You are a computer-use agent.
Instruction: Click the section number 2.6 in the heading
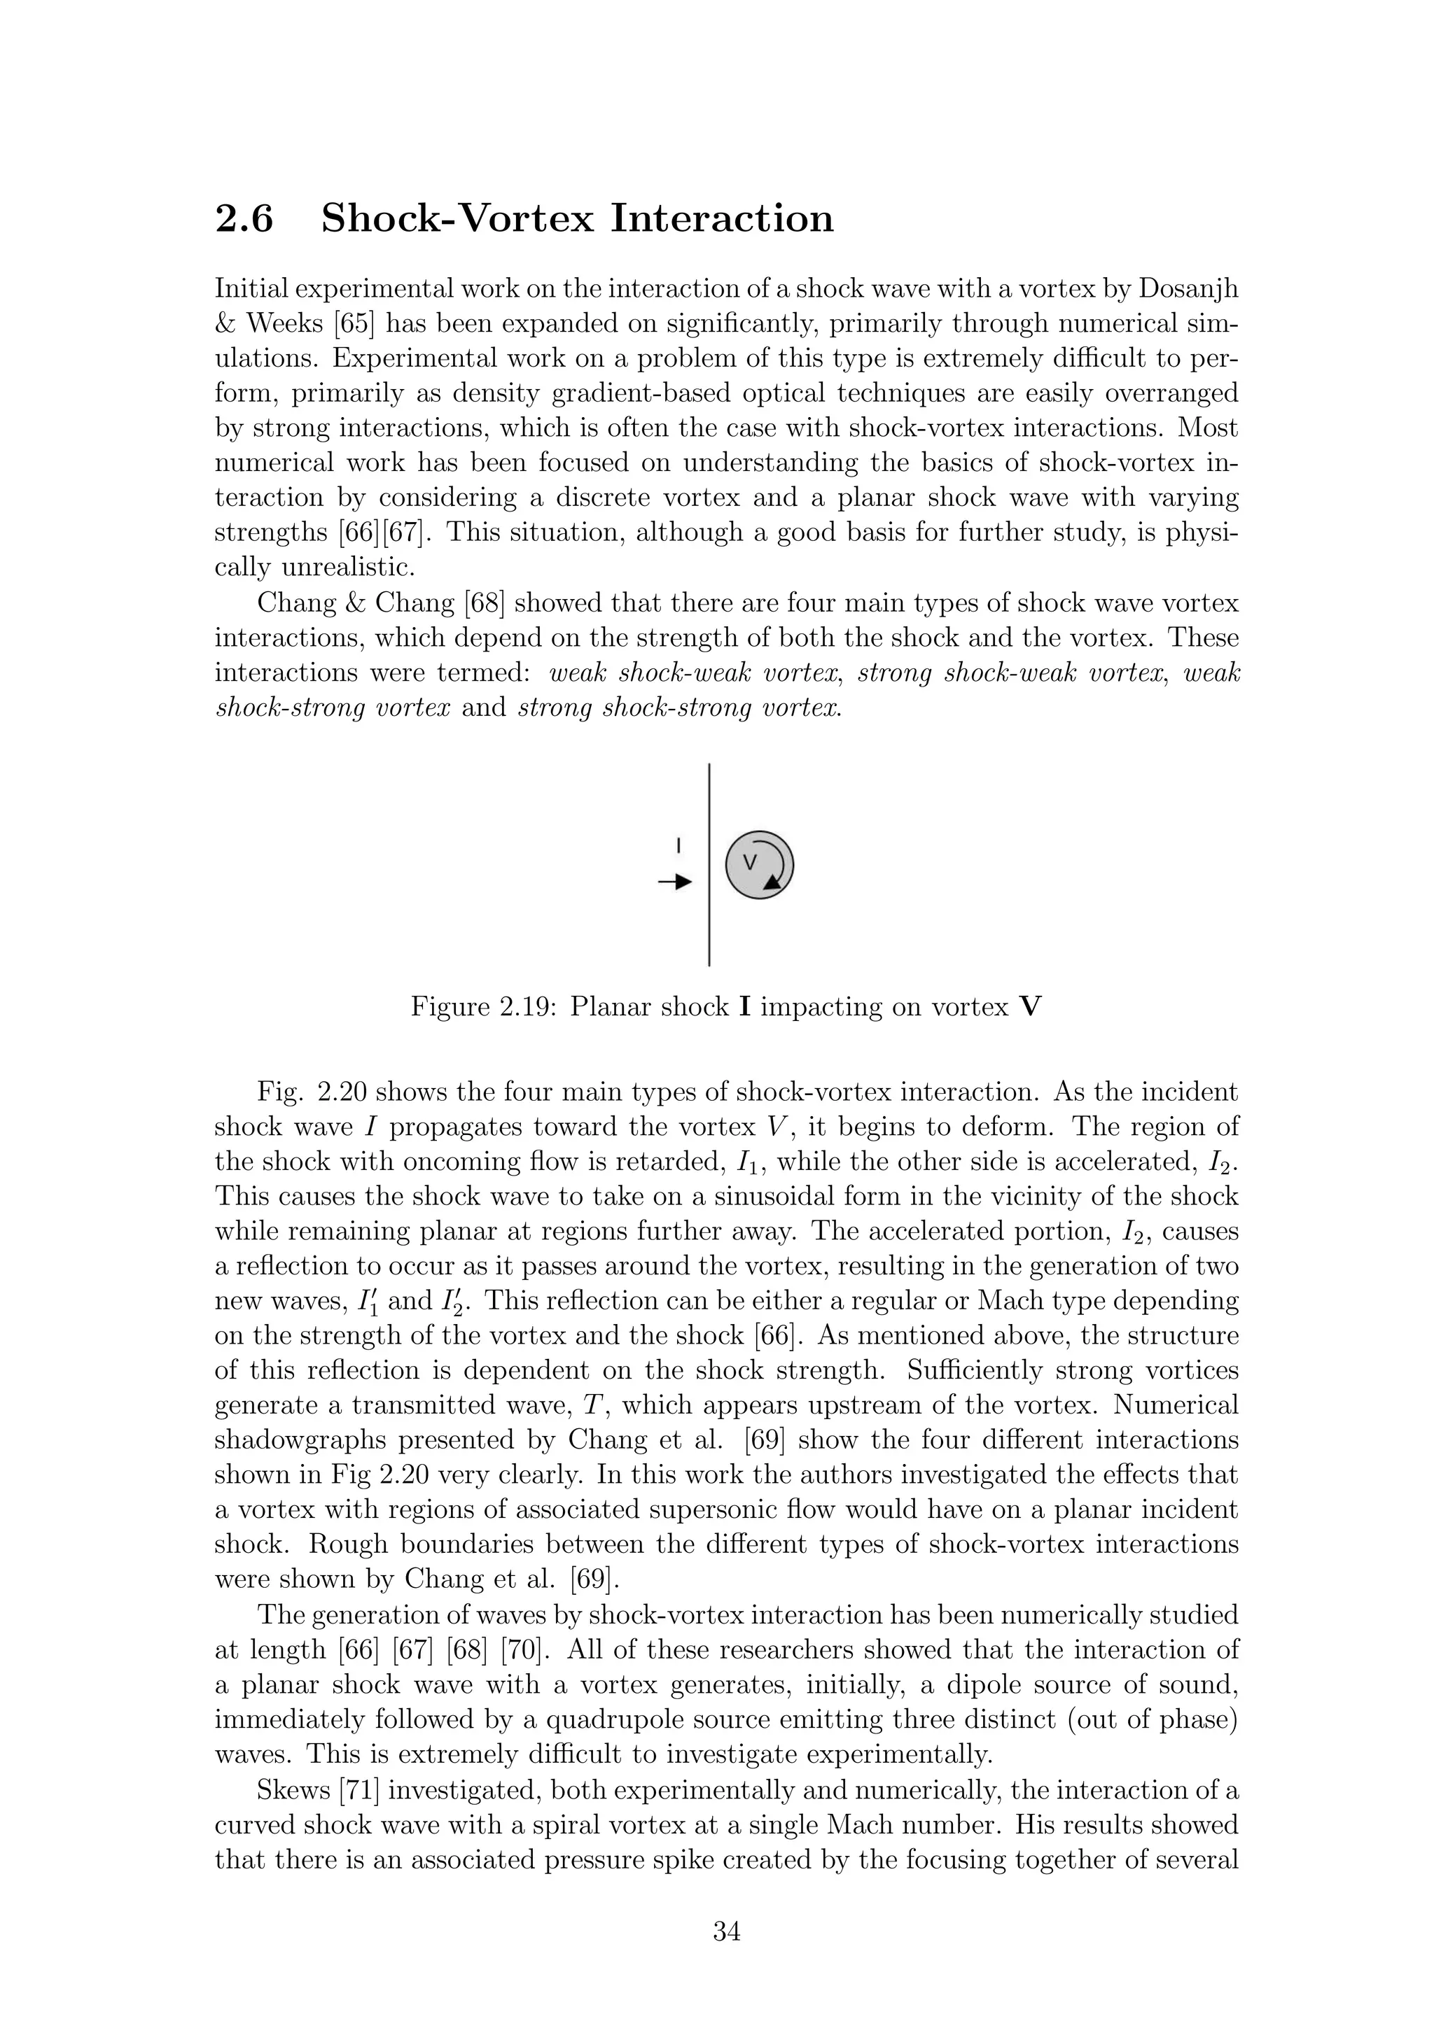coord(244,218)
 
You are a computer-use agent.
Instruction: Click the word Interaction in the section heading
coord(722,218)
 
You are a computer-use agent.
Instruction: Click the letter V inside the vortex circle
coord(750,862)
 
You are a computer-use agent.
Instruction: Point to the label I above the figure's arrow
coord(678,845)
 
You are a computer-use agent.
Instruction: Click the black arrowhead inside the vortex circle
coord(773,880)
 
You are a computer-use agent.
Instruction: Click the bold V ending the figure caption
coord(1030,1007)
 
